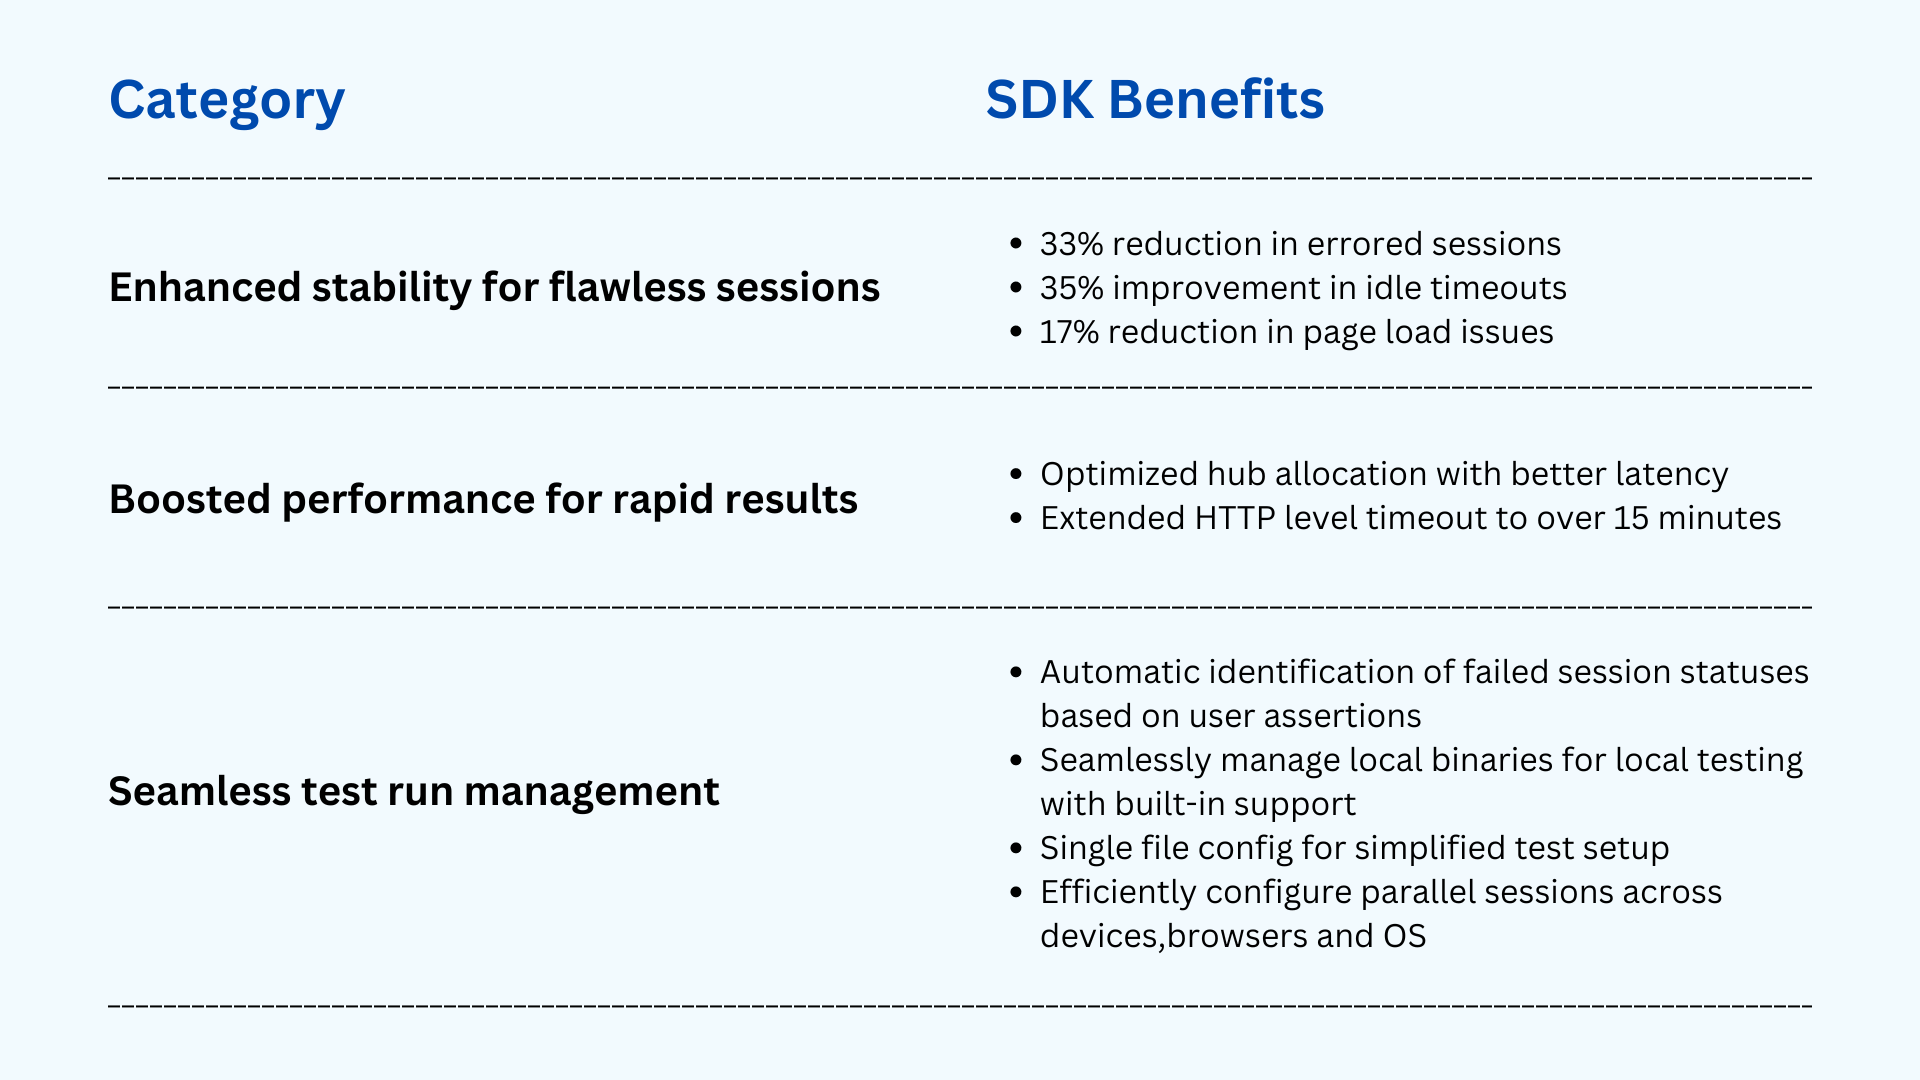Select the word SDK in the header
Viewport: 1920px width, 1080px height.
[1039, 100]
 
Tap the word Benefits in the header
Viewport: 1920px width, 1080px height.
[1216, 100]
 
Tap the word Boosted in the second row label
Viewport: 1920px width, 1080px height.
[190, 500]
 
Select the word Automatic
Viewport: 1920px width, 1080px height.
[1119, 672]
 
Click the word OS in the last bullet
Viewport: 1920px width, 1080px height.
[1405, 936]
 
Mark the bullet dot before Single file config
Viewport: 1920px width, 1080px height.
[1016, 849]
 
